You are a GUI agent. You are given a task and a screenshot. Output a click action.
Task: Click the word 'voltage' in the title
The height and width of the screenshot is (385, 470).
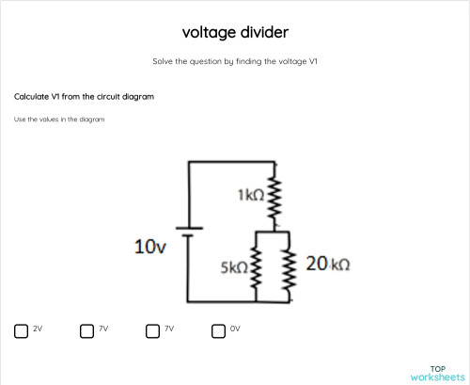coord(209,33)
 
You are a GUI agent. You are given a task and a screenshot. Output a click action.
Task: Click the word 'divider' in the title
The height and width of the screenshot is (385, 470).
coord(263,33)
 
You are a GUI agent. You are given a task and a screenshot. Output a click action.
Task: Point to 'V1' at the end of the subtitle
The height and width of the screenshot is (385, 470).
coord(313,61)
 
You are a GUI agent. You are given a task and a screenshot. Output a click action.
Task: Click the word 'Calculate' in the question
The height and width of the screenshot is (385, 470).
coord(31,97)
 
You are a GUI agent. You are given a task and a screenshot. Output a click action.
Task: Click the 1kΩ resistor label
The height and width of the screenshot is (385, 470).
coord(250,195)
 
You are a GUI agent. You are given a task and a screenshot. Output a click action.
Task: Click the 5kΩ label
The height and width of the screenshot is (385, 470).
coord(235,266)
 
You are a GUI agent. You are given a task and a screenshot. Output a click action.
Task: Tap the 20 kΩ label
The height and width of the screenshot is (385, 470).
coord(328,265)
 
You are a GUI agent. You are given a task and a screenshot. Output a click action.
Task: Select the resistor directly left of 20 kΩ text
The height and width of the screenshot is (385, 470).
coord(289,267)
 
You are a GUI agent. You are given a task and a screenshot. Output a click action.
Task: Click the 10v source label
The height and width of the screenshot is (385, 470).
coord(150,248)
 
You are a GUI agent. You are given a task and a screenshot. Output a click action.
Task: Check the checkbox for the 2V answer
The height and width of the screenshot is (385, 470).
coord(21,329)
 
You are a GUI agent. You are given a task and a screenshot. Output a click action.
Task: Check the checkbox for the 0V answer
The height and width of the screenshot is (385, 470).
coord(218,329)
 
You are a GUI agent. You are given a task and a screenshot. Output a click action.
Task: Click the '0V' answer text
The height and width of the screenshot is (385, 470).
coord(236,329)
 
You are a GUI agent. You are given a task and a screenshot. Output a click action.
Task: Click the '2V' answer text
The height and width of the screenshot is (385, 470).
coord(38,329)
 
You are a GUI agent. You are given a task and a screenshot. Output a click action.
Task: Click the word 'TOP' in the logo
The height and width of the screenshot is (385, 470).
coord(437,368)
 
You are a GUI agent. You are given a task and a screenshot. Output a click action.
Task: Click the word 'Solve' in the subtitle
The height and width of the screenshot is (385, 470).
coord(164,61)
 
